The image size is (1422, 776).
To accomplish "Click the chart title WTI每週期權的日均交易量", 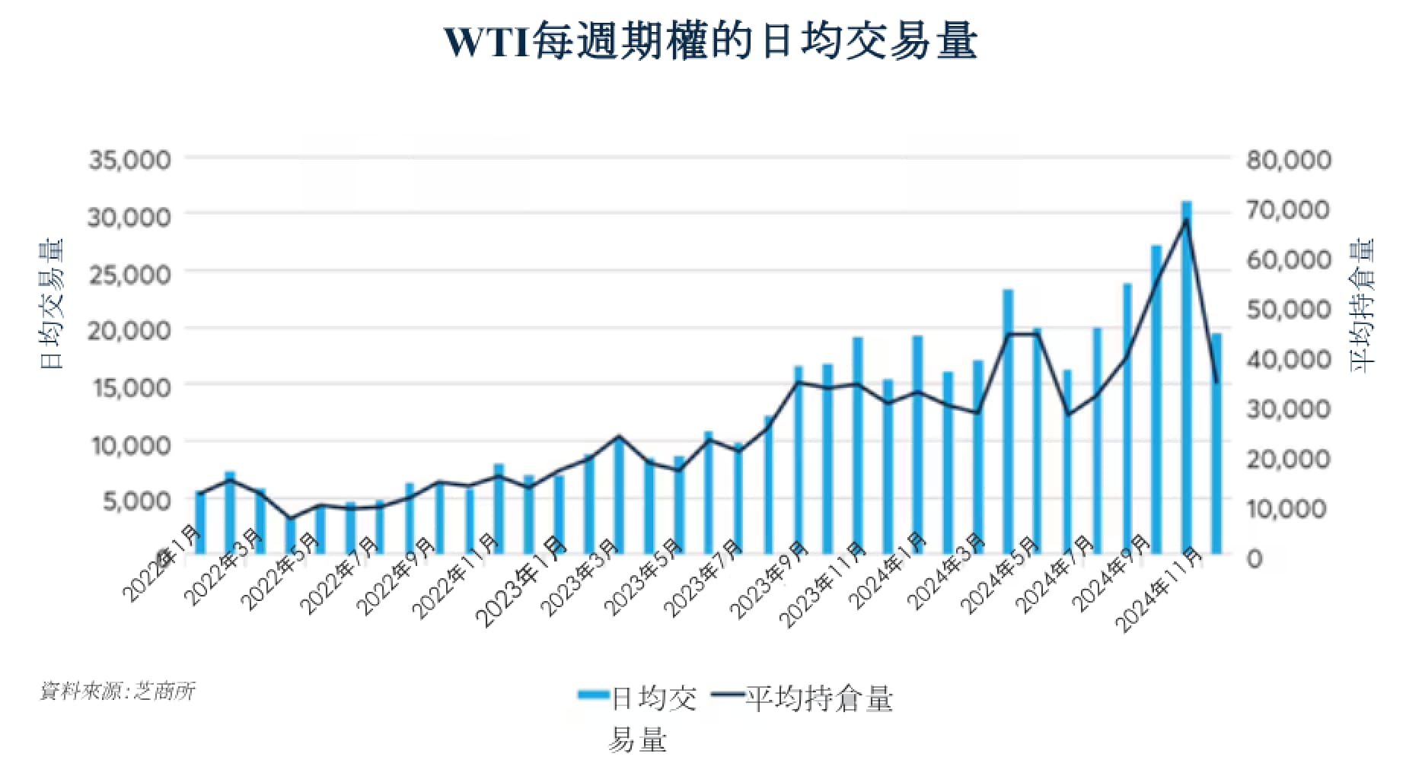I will [x=709, y=42].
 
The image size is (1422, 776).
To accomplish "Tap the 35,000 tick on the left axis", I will [x=130, y=160].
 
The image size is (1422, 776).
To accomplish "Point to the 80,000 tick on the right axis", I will [x=1288, y=160].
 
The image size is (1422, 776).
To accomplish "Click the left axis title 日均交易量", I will [x=52, y=304].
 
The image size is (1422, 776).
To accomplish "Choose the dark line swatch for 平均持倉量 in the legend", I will [x=726, y=695].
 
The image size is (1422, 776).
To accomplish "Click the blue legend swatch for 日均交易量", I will [x=593, y=695].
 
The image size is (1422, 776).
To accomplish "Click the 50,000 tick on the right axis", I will [x=1288, y=309].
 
